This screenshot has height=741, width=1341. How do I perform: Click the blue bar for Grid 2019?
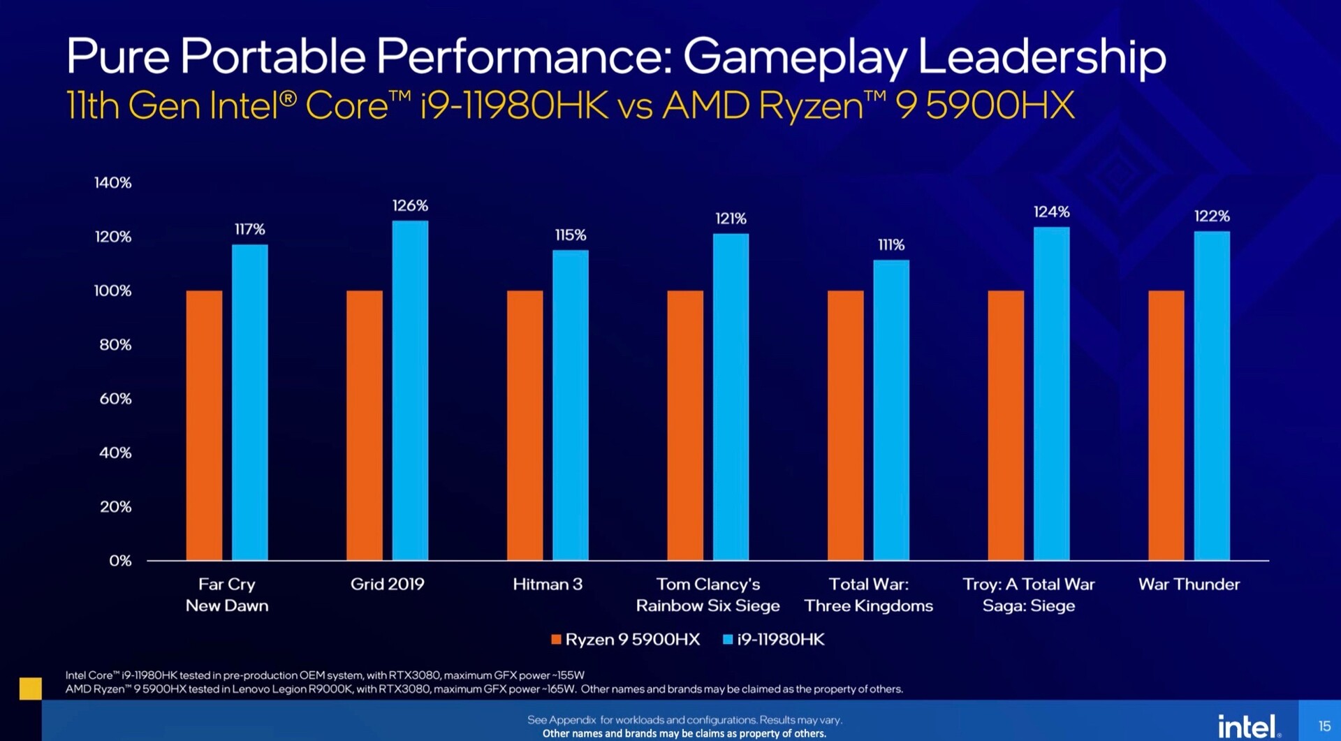coord(410,390)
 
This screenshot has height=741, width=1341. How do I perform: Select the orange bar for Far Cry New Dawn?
coord(204,425)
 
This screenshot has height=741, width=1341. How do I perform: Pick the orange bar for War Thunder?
coord(1166,425)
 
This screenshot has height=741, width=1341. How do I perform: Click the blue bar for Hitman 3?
coord(571,405)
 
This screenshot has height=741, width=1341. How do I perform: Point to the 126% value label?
coord(410,205)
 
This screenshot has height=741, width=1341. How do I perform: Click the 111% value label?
coord(891,244)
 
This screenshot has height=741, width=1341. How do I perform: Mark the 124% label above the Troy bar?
coord(1051,212)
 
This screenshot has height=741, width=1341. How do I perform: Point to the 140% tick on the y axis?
coord(113,183)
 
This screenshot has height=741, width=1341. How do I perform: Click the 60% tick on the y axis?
coord(115,399)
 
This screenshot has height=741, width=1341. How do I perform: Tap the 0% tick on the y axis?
coord(120,561)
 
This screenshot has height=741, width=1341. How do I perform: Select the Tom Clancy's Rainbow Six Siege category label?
coord(708,595)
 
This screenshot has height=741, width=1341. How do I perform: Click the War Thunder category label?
coord(1189,585)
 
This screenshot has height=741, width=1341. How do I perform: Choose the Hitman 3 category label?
coord(548,585)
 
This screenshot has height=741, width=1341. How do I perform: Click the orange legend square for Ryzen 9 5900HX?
coord(556,640)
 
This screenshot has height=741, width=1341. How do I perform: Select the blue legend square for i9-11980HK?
coord(728,640)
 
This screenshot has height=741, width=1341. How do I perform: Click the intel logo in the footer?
coord(1249,726)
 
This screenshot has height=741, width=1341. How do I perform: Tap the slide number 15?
coord(1324,726)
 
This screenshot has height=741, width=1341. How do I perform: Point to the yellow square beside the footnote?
coord(30,688)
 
